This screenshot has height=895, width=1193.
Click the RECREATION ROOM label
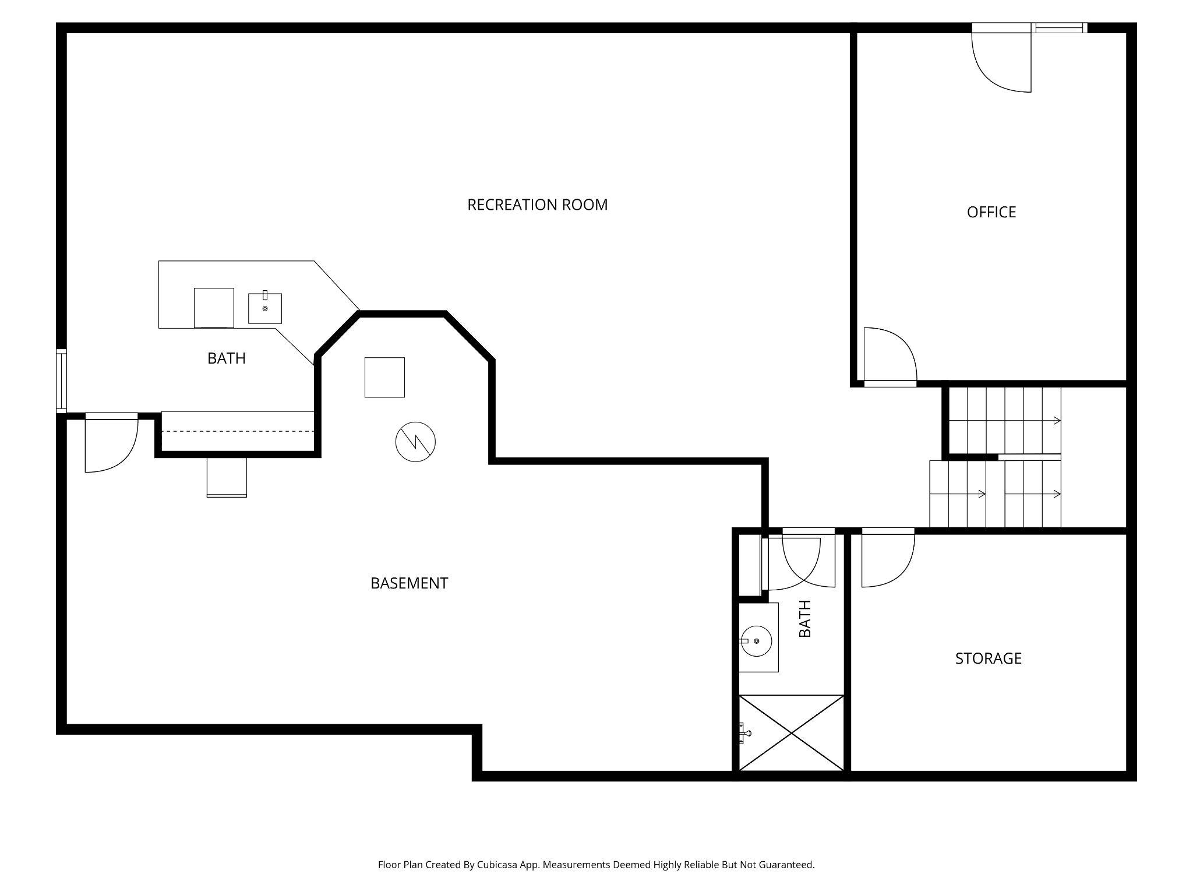click(x=537, y=205)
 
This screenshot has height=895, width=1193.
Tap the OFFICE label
click(x=991, y=212)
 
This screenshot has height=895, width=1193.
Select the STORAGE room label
click(x=988, y=658)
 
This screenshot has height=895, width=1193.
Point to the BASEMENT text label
click(x=409, y=583)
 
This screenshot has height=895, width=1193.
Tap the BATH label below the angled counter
click(x=226, y=358)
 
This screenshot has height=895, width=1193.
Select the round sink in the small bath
click(x=756, y=641)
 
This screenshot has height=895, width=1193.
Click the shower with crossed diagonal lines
click(x=791, y=732)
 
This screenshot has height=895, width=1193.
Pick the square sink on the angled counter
click(x=265, y=308)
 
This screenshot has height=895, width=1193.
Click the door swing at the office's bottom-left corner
click(x=888, y=355)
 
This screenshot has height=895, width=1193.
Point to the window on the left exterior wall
click(x=61, y=380)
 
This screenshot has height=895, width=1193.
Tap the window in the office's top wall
click(x=1060, y=27)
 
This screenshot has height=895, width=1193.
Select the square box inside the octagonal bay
click(x=384, y=378)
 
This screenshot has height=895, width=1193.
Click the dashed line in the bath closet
click(x=238, y=431)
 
